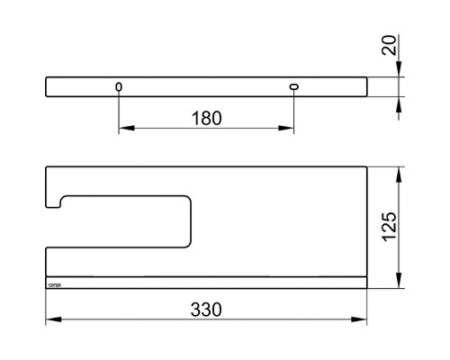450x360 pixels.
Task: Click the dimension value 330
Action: (206, 307)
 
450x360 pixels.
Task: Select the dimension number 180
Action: (206, 118)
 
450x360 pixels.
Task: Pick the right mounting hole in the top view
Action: (294, 86)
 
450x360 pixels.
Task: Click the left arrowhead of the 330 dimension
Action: (50, 319)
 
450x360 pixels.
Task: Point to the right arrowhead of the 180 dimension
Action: (290, 130)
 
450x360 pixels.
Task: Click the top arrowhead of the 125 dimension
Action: (400, 171)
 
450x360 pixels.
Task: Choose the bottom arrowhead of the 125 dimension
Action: (400, 283)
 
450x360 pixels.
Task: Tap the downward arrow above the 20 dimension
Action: (400, 71)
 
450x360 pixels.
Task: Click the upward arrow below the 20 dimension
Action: (400, 102)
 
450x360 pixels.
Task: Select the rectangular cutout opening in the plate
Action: (126, 220)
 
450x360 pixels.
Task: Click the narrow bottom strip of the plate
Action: (207, 283)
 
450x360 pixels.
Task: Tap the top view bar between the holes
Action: (207, 86)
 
